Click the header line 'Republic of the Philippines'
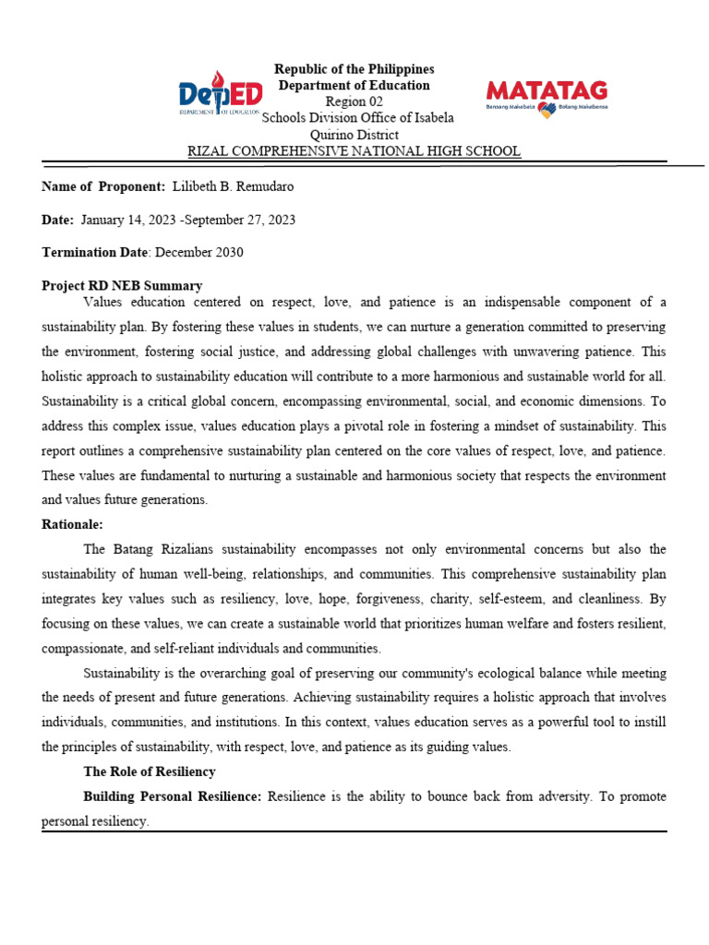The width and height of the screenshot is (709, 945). click(354, 69)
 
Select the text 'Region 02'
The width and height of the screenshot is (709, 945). click(354, 102)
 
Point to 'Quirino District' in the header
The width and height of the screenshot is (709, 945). click(354, 135)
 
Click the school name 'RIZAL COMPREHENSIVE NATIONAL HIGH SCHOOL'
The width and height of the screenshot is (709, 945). click(354, 151)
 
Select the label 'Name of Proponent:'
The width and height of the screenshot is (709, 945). click(103, 186)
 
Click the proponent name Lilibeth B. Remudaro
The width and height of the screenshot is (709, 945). click(233, 186)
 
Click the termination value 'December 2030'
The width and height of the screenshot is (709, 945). click(199, 253)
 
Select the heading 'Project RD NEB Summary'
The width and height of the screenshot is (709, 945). click(122, 286)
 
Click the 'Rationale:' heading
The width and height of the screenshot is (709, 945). click(72, 524)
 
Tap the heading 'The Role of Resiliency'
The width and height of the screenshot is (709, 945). click(150, 772)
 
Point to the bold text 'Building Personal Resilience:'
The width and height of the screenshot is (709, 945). click(173, 795)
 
